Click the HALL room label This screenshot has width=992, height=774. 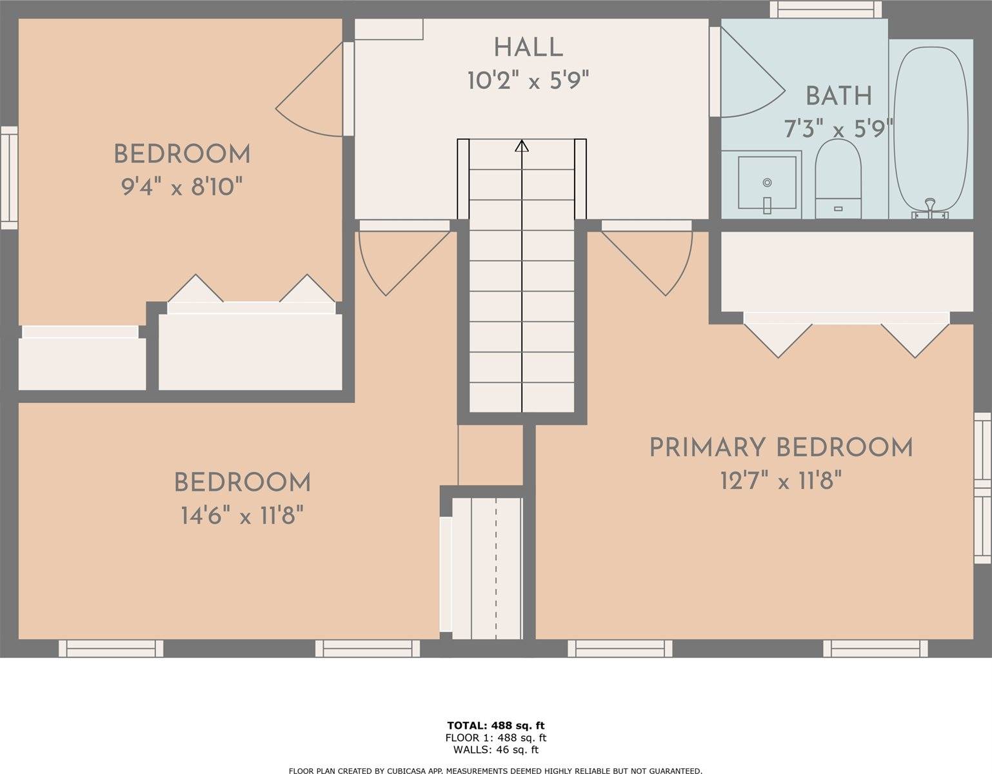click(528, 48)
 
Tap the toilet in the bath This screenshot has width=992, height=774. click(838, 179)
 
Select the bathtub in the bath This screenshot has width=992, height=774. click(930, 132)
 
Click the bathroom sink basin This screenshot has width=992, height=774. click(767, 183)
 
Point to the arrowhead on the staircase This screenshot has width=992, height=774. click(522, 146)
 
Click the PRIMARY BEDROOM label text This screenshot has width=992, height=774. click(781, 447)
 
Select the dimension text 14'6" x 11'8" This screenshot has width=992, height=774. click(243, 517)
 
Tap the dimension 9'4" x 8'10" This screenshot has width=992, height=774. click(182, 187)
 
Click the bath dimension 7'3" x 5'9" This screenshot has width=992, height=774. click(838, 129)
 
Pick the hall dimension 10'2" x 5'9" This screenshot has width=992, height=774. click(528, 81)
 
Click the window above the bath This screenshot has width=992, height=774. click(826, 9)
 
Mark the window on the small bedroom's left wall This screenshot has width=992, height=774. click(8, 177)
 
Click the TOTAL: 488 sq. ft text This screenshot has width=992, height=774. click(496, 725)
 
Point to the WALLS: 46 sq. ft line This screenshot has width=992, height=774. click(496, 749)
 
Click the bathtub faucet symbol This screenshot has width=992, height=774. click(930, 210)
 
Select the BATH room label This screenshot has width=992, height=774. click(838, 96)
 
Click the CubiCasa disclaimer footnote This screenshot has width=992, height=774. click(496, 771)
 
